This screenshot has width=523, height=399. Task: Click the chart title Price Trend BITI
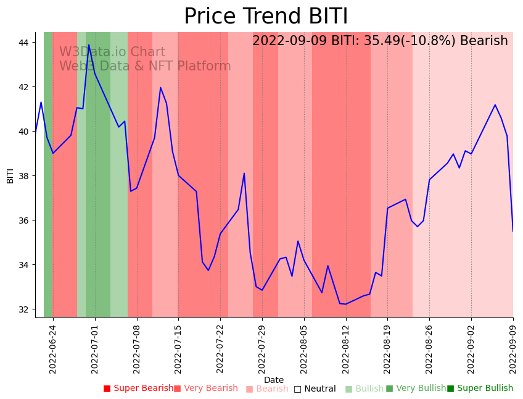click(x=266, y=16)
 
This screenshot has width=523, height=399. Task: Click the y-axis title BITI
click(x=10, y=175)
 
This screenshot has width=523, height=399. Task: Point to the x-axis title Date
click(x=274, y=380)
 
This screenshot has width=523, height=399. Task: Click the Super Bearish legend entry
click(x=139, y=388)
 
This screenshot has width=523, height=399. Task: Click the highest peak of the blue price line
click(x=89, y=44)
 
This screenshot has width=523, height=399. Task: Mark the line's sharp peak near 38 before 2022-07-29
click(x=244, y=173)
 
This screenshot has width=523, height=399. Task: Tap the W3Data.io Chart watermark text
click(x=112, y=52)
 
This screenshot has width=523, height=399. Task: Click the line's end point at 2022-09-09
click(x=513, y=231)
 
